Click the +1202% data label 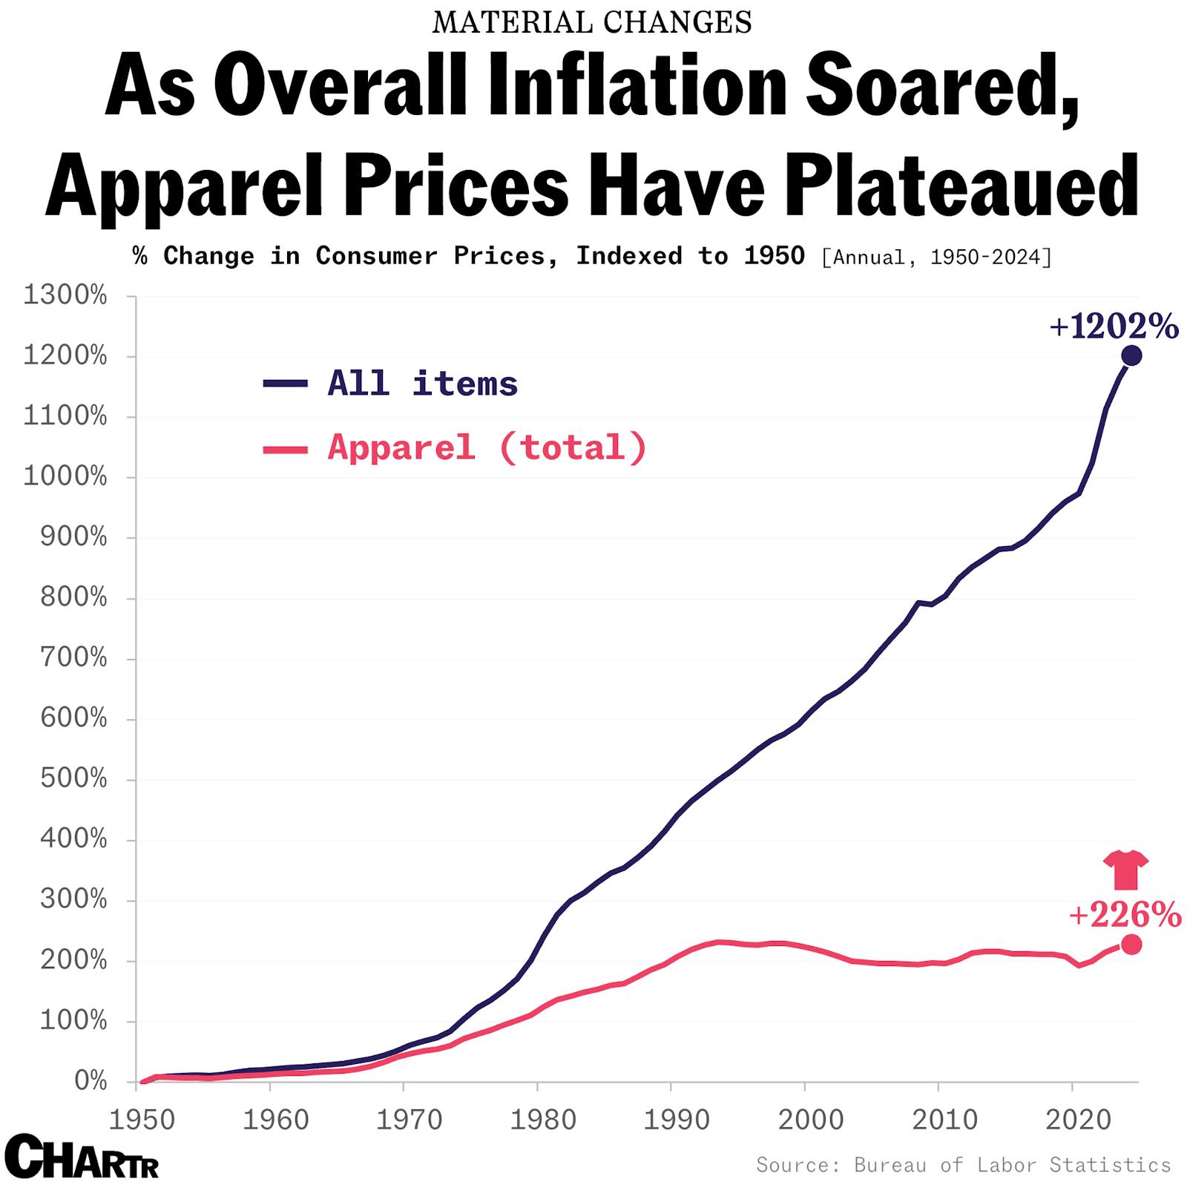pyautogui.click(x=1114, y=326)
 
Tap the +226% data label pyautogui.click(x=1125, y=915)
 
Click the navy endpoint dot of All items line pyautogui.click(x=1131, y=356)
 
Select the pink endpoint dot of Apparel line pyautogui.click(x=1131, y=945)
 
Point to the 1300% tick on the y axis pyautogui.click(x=65, y=296)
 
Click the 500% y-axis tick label pyautogui.click(x=73, y=779)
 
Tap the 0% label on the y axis pyautogui.click(x=91, y=1081)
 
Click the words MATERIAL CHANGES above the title pyautogui.click(x=592, y=23)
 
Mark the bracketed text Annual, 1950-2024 pyautogui.click(x=936, y=257)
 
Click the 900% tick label pyautogui.click(x=73, y=537)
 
